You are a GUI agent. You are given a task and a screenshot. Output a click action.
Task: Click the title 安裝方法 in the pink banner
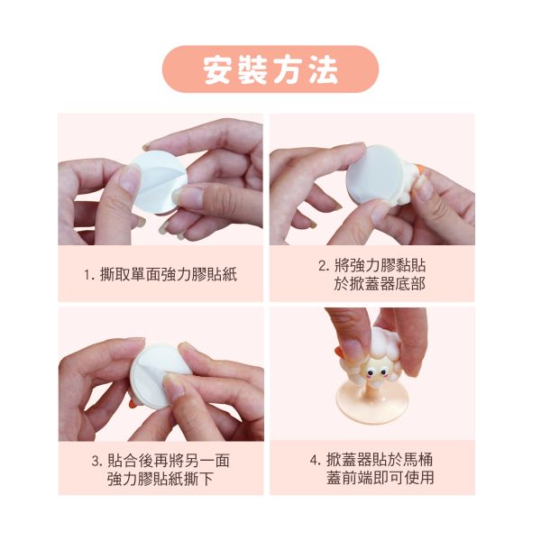[270, 70]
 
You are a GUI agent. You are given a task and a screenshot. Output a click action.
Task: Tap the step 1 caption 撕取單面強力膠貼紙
[169, 275]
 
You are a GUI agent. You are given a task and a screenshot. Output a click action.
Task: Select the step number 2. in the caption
[324, 266]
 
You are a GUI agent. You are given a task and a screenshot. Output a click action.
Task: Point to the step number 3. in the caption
[97, 462]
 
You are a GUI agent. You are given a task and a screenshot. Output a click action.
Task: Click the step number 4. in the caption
[316, 461]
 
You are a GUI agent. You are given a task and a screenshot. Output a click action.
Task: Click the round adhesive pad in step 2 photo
[375, 174]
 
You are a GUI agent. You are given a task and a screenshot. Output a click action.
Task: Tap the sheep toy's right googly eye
[383, 372]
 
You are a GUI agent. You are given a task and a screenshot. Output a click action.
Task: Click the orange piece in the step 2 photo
[420, 170]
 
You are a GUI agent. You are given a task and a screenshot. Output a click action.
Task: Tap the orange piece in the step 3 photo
[133, 405]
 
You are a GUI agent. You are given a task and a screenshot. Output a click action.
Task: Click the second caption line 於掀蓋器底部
[380, 284]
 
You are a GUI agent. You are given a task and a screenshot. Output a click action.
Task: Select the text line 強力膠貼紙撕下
[160, 480]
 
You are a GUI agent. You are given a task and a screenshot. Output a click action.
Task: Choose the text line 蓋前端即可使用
[381, 478]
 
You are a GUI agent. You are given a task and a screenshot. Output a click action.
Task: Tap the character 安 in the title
[217, 70]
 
